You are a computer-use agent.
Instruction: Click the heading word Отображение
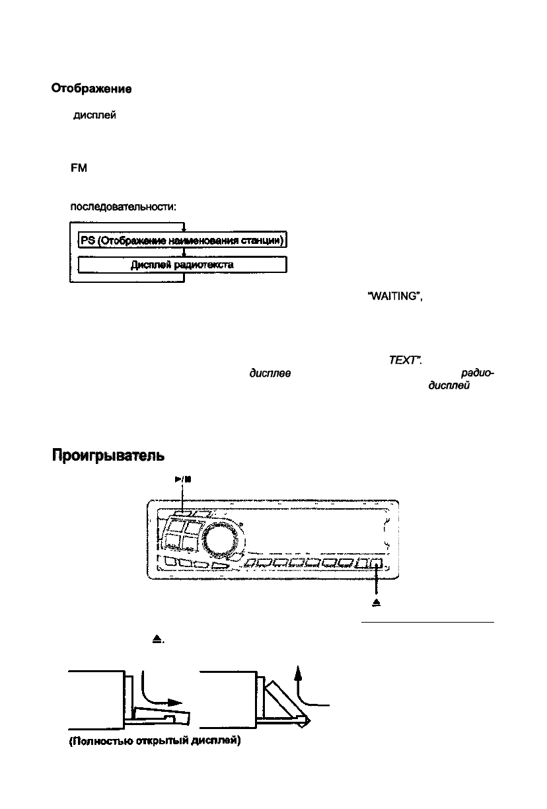pos(91,89)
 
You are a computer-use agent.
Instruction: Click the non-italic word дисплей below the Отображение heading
pos(94,116)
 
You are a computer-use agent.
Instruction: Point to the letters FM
pos(79,169)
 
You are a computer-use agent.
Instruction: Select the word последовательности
pos(123,207)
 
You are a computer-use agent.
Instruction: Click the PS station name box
pos(183,240)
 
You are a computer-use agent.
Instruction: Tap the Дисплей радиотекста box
pos(183,265)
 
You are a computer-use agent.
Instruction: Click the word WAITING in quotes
pos(395,296)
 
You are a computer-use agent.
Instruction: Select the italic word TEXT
pos(405,360)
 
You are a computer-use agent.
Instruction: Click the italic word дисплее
pos(270,373)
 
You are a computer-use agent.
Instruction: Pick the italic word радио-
pos(478,373)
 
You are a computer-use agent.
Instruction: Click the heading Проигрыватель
pos(108,456)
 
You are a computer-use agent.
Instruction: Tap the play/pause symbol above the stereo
pos(183,480)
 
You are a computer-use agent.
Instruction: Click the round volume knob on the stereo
pos(219,539)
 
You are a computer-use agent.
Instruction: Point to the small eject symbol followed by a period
pos(158,640)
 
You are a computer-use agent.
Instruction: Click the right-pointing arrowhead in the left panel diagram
pos(176,703)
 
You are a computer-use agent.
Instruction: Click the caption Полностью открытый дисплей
pos(155,741)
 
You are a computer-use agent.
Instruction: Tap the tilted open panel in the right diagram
pos(287,703)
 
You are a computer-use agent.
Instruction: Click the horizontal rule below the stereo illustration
pos(427,622)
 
